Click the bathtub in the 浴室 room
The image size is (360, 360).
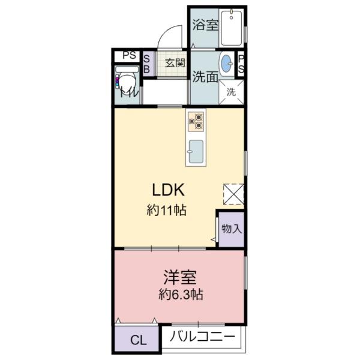pyautogui.click(x=232, y=28)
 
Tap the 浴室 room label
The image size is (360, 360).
pyautogui.click(x=205, y=25)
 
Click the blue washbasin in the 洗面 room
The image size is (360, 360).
pyautogui.click(x=227, y=63)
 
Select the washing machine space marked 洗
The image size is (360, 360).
pyautogui.click(x=231, y=92)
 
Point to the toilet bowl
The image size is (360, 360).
pyautogui.click(x=127, y=80)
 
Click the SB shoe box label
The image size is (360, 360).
pyautogui.click(x=146, y=64)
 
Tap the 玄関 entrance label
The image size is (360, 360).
pyautogui.click(x=175, y=62)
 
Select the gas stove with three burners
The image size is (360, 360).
pyautogui.click(x=196, y=121)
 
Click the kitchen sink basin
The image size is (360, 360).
pyautogui.click(x=196, y=151)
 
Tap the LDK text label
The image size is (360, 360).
pyautogui.click(x=168, y=190)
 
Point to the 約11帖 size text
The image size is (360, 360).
pyautogui.click(x=166, y=210)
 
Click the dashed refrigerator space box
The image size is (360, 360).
pyautogui.click(x=233, y=194)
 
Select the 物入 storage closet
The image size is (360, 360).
pyautogui.click(x=231, y=229)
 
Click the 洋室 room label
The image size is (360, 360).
pyautogui.click(x=180, y=277)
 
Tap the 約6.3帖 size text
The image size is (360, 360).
pyautogui.click(x=181, y=295)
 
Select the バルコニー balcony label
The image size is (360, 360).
pyautogui.click(x=203, y=337)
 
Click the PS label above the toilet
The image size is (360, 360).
pyautogui.click(x=129, y=55)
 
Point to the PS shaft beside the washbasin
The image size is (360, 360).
pyautogui.click(x=241, y=64)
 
